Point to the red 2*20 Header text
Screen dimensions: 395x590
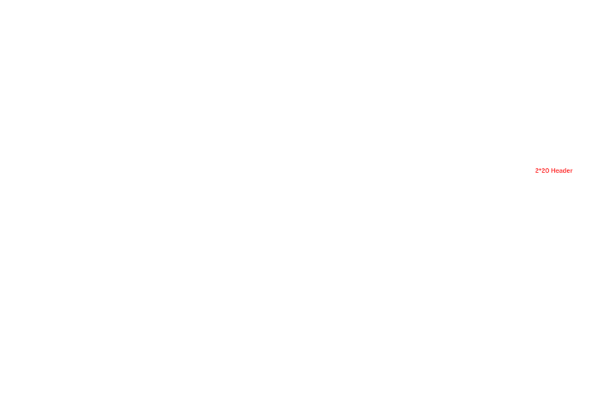coord(554,170)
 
